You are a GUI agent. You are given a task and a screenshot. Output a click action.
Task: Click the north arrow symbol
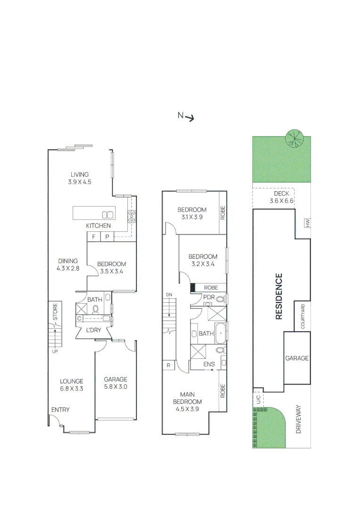click(190, 118)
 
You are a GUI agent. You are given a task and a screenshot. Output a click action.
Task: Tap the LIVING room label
click(80, 178)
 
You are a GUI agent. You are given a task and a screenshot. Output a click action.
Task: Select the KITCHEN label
click(98, 226)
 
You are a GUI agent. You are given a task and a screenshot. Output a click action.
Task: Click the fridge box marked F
click(93, 237)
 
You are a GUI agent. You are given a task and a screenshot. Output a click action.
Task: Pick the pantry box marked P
click(107, 237)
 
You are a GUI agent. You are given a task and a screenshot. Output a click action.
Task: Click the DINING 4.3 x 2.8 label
click(67, 264)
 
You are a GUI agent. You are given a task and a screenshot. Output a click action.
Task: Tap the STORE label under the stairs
click(55, 312)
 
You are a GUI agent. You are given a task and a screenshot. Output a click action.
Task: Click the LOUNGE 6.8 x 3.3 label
click(71, 385)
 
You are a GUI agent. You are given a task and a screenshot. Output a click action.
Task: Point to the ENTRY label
click(60, 410)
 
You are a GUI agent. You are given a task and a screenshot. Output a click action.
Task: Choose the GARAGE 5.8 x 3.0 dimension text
click(116, 387)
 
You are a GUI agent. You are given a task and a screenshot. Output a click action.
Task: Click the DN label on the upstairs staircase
click(169, 295)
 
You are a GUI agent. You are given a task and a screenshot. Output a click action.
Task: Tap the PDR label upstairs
click(209, 297)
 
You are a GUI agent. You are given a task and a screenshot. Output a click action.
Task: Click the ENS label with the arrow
click(209, 364)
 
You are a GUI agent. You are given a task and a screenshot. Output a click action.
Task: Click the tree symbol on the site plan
click(294, 138)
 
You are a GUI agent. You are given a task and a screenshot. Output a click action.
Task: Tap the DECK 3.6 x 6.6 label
click(281, 197)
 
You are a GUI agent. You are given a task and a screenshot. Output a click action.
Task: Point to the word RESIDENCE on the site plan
click(279, 296)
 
